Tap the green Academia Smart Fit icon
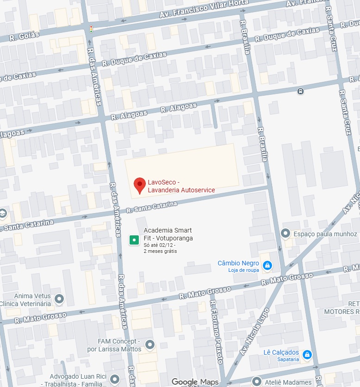click(x=134, y=240)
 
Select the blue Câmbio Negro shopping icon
click(x=267, y=265)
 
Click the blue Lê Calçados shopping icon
click(x=307, y=355)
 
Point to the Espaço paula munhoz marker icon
click(x=286, y=233)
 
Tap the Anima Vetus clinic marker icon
click(x=59, y=299)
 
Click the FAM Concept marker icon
click(x=149, y=344)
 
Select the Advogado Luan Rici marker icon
click(x=115, y=380)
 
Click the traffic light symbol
click(x=91, y=29)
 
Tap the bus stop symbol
click(x=301, y=91)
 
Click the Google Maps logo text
click(x=195, y=382)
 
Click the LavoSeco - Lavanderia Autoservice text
click(x=181, y=186)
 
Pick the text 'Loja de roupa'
click(x=243, y=270)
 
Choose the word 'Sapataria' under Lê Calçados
click(x=287, y=359)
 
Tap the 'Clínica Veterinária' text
click(x=25, y=304)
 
